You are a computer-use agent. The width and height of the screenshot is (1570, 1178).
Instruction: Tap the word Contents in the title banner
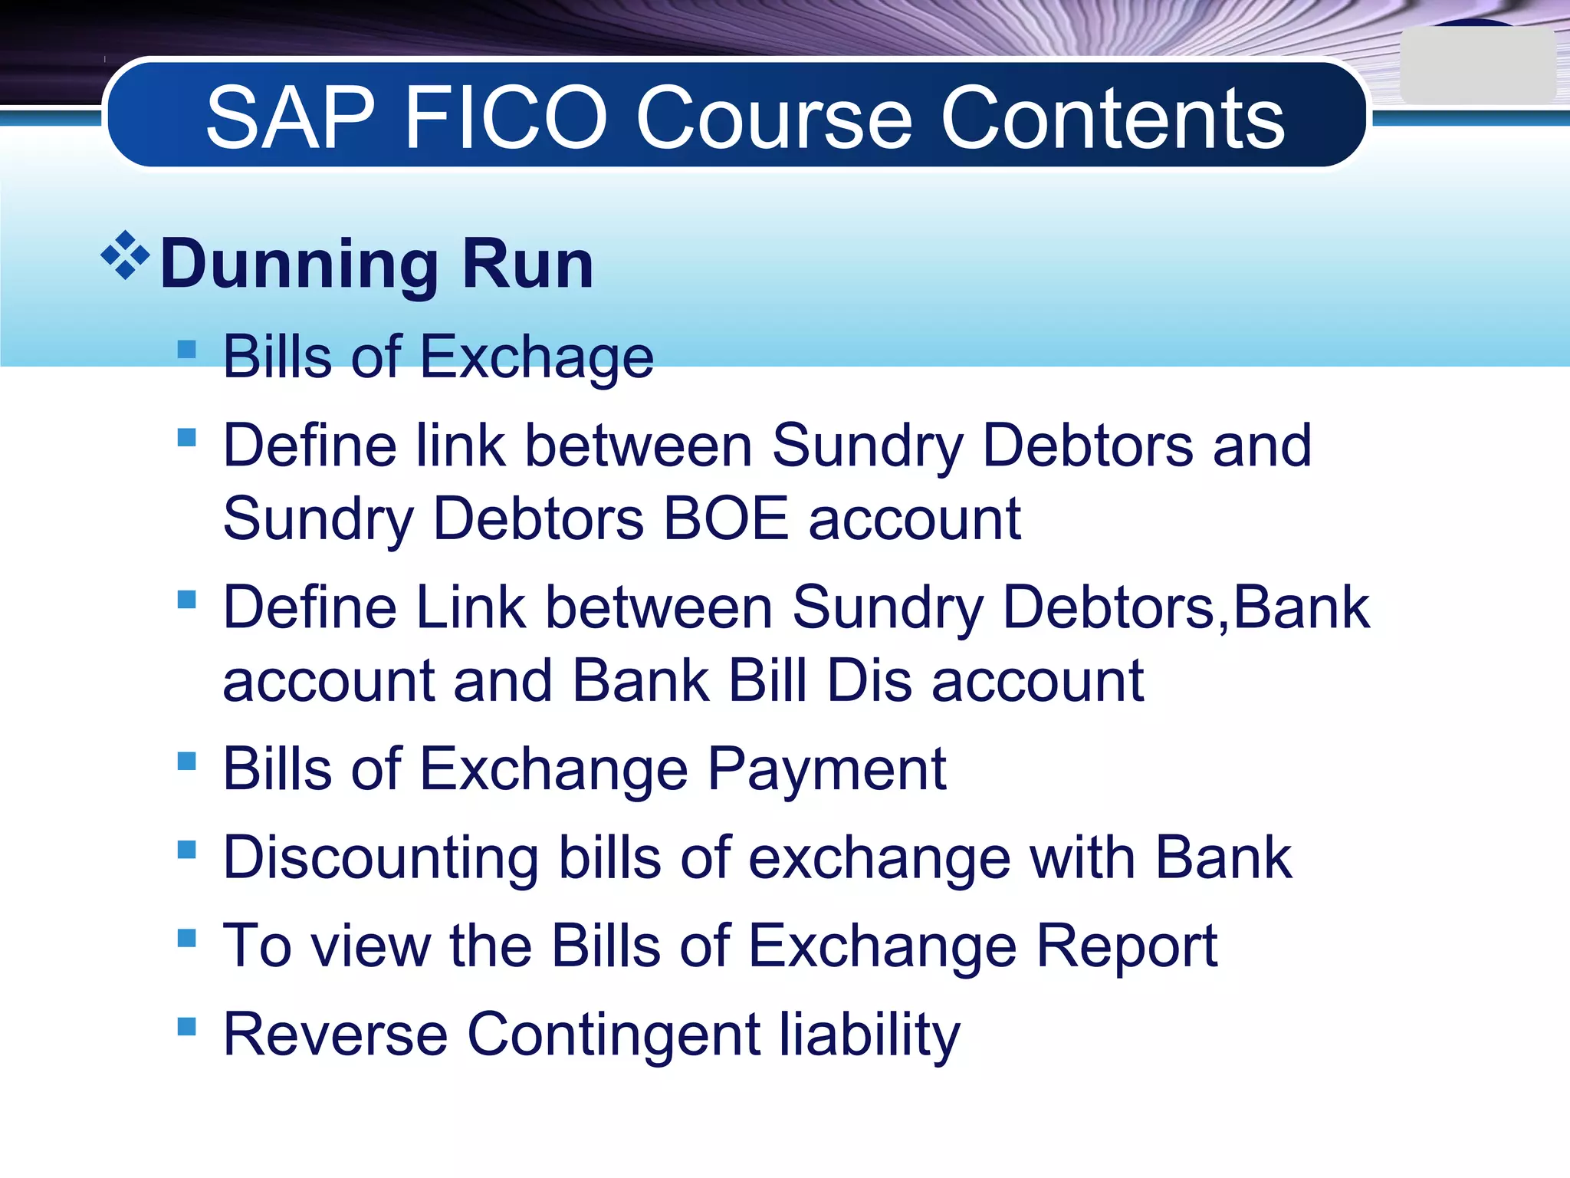click(x=1112, y=119)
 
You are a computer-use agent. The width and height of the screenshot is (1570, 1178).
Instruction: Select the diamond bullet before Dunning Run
click(x=125, y=255)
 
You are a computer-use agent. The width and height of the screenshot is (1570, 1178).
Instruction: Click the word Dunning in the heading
click(x=299, y=265)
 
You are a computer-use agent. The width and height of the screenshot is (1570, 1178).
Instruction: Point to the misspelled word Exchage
click(x=537, y=357)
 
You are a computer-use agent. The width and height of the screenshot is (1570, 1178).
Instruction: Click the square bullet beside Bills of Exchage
click(x=186, y=350)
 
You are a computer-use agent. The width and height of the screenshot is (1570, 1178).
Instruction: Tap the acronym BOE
click(x=725, y=519)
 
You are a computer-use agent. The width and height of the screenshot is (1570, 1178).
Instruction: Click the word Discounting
click(x=380, y=857)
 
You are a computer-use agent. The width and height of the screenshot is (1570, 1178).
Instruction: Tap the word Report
click(x=1126, y=946)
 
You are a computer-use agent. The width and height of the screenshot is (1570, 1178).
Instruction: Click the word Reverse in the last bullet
click(x=335, y=1035)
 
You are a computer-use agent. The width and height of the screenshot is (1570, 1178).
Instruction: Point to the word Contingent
click(x=613, y=1035)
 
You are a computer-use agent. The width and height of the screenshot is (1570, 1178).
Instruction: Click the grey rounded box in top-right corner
click(x=1476, y=66)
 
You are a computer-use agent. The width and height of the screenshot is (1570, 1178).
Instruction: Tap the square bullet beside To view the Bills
click(x=186, y=938)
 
